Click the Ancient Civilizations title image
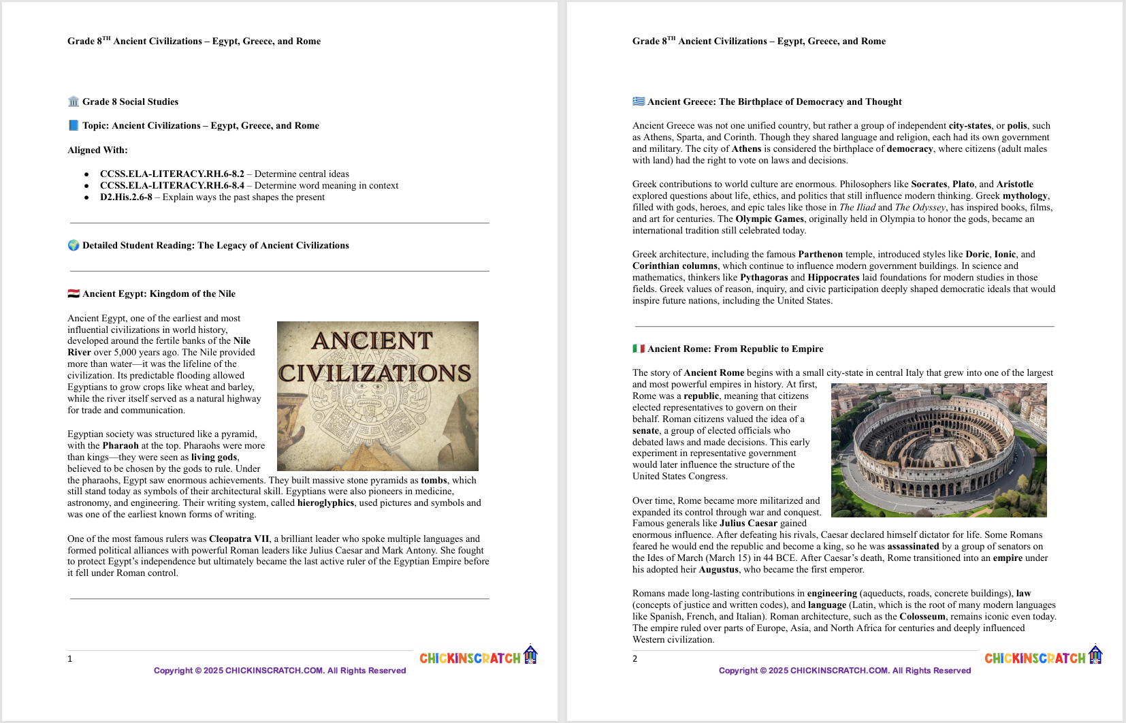[x=378, y=396]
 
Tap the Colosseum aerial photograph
[x=939, y=450]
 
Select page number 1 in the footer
[x=70, y=659]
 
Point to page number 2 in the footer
[x=635, y=659]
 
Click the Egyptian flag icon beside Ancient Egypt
[x=74, y=294]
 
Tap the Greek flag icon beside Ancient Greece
[x=639, y=101]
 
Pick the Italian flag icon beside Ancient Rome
[x=639, y=349]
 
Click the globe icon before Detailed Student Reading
[x=74, y=246]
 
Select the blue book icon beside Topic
[x=74, y=126]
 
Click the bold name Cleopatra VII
[x=239, y=539]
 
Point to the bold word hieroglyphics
[x=325, y=503]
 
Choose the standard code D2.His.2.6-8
[x=126, y=197]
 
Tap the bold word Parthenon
[x=820, y=255]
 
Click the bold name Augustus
[x=718, y=570]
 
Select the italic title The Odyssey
[x=920, y=208]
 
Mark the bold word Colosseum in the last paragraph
[x=922, y=617]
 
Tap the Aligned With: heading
[x=97, y=150]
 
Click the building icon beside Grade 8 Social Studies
[x=74, y=101]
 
